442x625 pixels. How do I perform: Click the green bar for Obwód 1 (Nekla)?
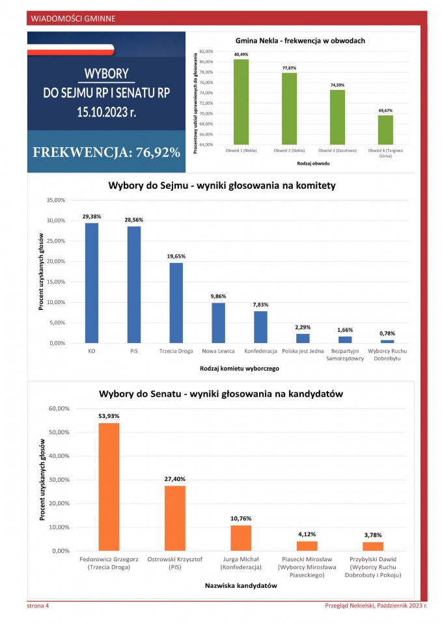242,102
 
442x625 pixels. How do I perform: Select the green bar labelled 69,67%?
385,130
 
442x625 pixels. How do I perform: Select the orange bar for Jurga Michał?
241,538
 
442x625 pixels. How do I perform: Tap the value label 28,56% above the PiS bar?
133,220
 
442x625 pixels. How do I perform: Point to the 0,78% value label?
387,333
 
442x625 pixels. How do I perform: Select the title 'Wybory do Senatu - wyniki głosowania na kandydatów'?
221,394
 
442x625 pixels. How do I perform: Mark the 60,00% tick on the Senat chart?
59,408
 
